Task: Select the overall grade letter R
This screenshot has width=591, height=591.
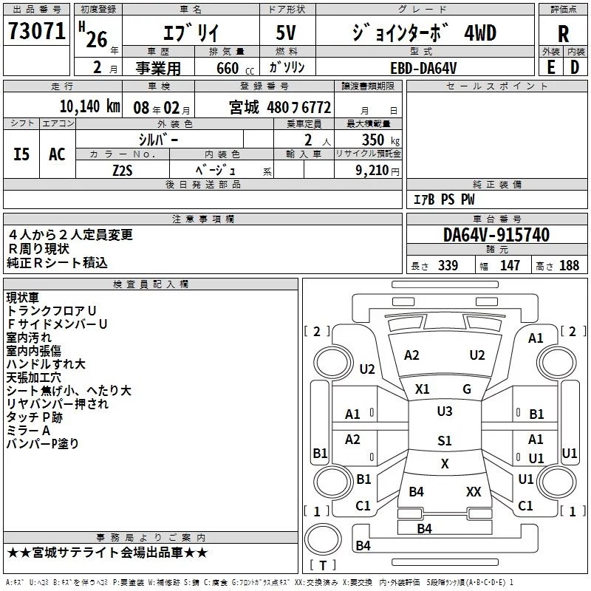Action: pos(563,33)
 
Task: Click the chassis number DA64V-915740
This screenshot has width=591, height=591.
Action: pos(496,236)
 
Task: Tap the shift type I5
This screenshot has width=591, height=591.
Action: pos(21,154)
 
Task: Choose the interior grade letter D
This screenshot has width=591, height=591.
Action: pos(575,67)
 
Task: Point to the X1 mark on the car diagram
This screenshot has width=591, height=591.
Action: pos(423,389)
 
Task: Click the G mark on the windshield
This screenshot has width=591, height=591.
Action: pos(467,389)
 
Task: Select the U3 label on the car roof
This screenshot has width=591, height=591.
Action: pos(444,411)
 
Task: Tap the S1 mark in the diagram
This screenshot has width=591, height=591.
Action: pos(444,441)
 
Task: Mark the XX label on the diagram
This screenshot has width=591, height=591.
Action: pos(474,492)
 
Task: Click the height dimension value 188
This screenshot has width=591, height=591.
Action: pos(569,265)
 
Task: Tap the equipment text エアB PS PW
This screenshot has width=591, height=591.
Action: pos(443,200)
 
